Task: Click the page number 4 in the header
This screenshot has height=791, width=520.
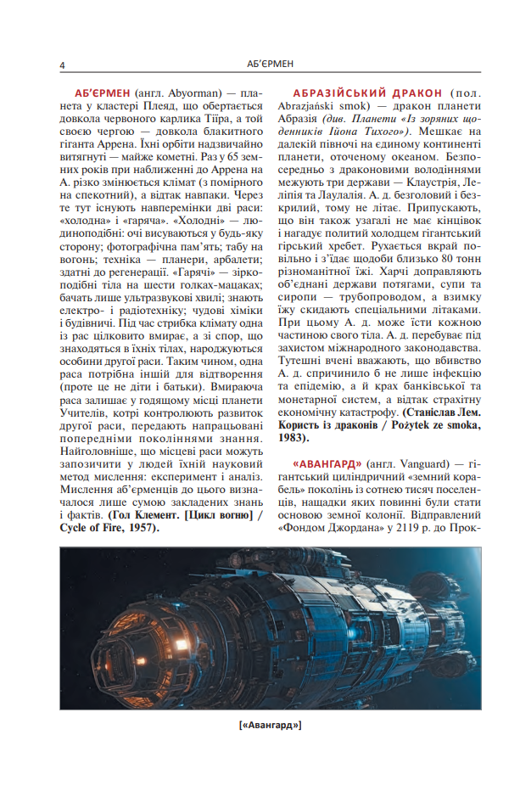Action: (x=63, y=65)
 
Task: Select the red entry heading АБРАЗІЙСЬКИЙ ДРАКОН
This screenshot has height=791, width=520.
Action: (x=366, y=92)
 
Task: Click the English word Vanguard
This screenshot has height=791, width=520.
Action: (x=422, y=463)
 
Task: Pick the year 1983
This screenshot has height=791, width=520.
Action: (x=294, y=438)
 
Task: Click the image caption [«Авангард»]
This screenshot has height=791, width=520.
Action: (x=271, y=725)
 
